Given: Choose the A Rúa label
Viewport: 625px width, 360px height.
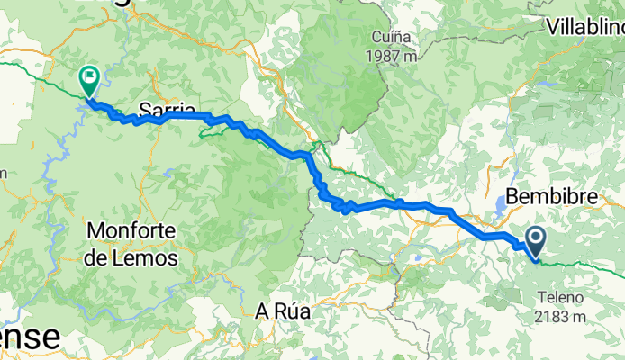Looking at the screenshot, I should coord(283,311).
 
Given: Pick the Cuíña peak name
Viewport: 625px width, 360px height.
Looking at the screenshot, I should coord(392,38).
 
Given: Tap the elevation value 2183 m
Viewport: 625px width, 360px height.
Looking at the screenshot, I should coord(561,316).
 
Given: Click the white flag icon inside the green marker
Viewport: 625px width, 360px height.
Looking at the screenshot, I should coord(90,76).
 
